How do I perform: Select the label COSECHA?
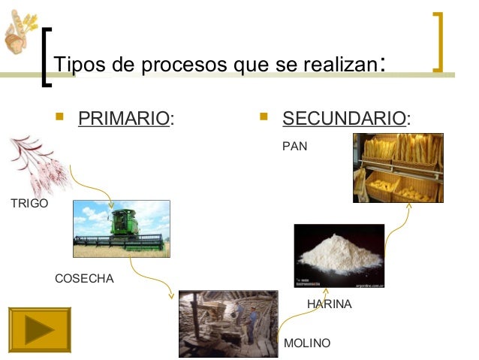85,279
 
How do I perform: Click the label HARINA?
330,304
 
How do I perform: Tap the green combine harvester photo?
121,228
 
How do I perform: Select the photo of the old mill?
227,323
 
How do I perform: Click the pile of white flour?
339,256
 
